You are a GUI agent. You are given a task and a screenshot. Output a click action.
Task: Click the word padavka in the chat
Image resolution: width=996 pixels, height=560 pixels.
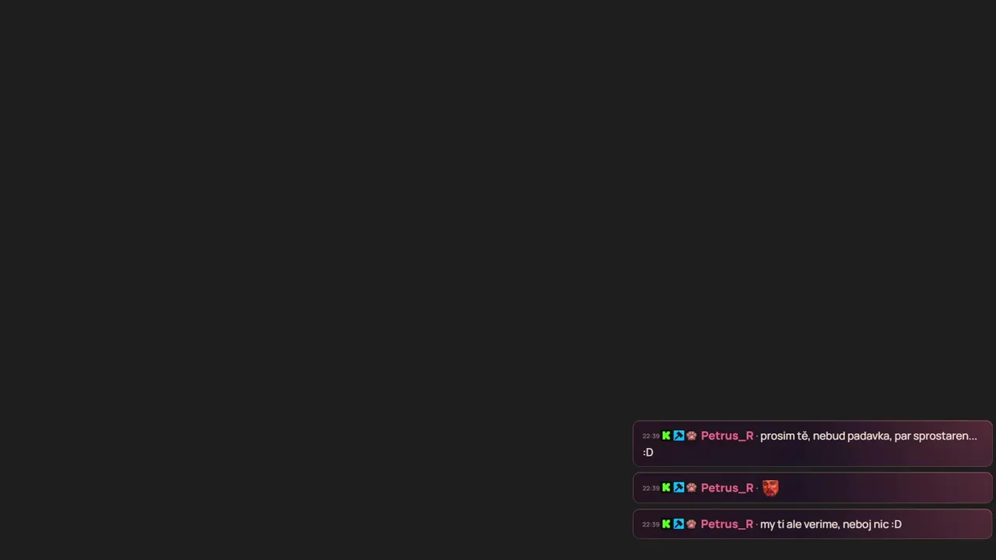point(868,436)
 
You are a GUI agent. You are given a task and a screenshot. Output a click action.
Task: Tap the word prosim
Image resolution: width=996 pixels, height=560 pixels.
point(777,436)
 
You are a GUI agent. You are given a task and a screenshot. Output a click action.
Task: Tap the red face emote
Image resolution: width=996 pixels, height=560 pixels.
point(770,488)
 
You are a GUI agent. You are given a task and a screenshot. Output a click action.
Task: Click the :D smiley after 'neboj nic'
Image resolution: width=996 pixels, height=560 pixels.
point(896,524)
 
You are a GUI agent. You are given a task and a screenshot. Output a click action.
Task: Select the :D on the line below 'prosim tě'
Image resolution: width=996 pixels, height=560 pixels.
point(648,453)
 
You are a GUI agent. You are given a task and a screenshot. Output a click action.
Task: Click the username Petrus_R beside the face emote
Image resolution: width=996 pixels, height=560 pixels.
point(727,488)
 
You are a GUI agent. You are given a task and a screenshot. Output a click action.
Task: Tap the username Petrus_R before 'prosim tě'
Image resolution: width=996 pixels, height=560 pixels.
point(727,436)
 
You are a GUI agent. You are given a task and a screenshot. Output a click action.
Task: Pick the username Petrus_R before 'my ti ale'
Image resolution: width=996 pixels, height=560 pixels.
point(727,524)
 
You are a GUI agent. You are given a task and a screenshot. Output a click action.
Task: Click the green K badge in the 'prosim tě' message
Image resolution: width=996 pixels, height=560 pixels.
point(666,436)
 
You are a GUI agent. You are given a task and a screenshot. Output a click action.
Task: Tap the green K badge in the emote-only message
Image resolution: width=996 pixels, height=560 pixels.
point(666,488)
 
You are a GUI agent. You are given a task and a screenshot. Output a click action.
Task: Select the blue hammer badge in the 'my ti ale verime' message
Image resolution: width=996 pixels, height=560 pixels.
point(679,524)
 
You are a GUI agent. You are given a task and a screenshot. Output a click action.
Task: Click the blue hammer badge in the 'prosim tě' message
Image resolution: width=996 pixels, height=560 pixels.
point(679,436)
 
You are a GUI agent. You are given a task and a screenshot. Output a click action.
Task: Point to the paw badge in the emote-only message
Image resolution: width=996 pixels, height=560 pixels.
point(691,488)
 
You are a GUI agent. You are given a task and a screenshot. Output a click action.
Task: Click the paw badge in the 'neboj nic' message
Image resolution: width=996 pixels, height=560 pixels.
point(691,524)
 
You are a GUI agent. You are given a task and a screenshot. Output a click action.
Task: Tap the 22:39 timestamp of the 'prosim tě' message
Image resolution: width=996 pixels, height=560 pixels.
point(651,436)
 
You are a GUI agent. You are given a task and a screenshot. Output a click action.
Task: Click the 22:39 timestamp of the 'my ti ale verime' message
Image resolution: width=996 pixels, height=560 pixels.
point(651,524)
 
